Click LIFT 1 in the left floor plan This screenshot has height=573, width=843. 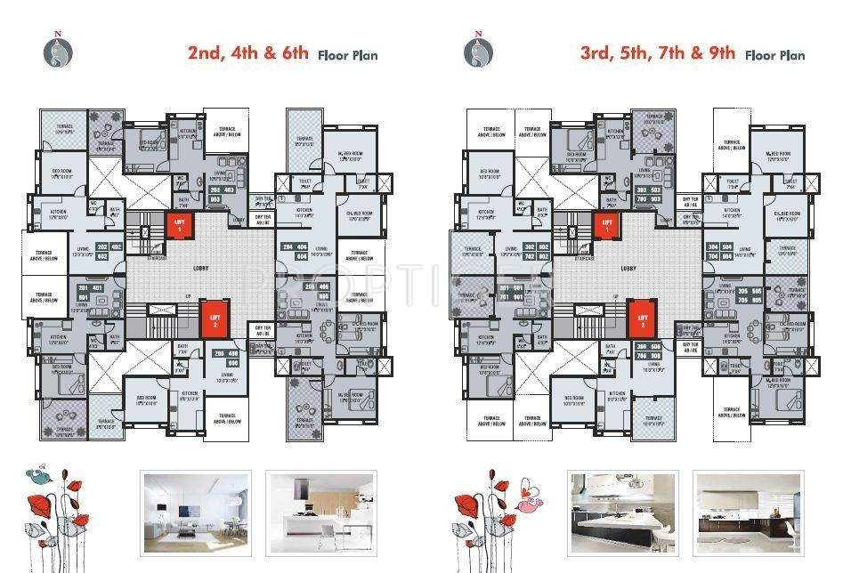180,226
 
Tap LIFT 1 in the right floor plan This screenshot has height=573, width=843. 608,226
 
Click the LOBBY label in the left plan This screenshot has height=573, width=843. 199,267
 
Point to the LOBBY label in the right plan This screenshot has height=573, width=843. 628,267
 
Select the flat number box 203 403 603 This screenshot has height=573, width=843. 220,194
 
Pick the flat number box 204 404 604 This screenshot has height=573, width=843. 295,250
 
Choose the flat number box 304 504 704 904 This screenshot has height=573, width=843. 723,250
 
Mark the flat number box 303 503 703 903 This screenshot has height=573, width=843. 648,194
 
